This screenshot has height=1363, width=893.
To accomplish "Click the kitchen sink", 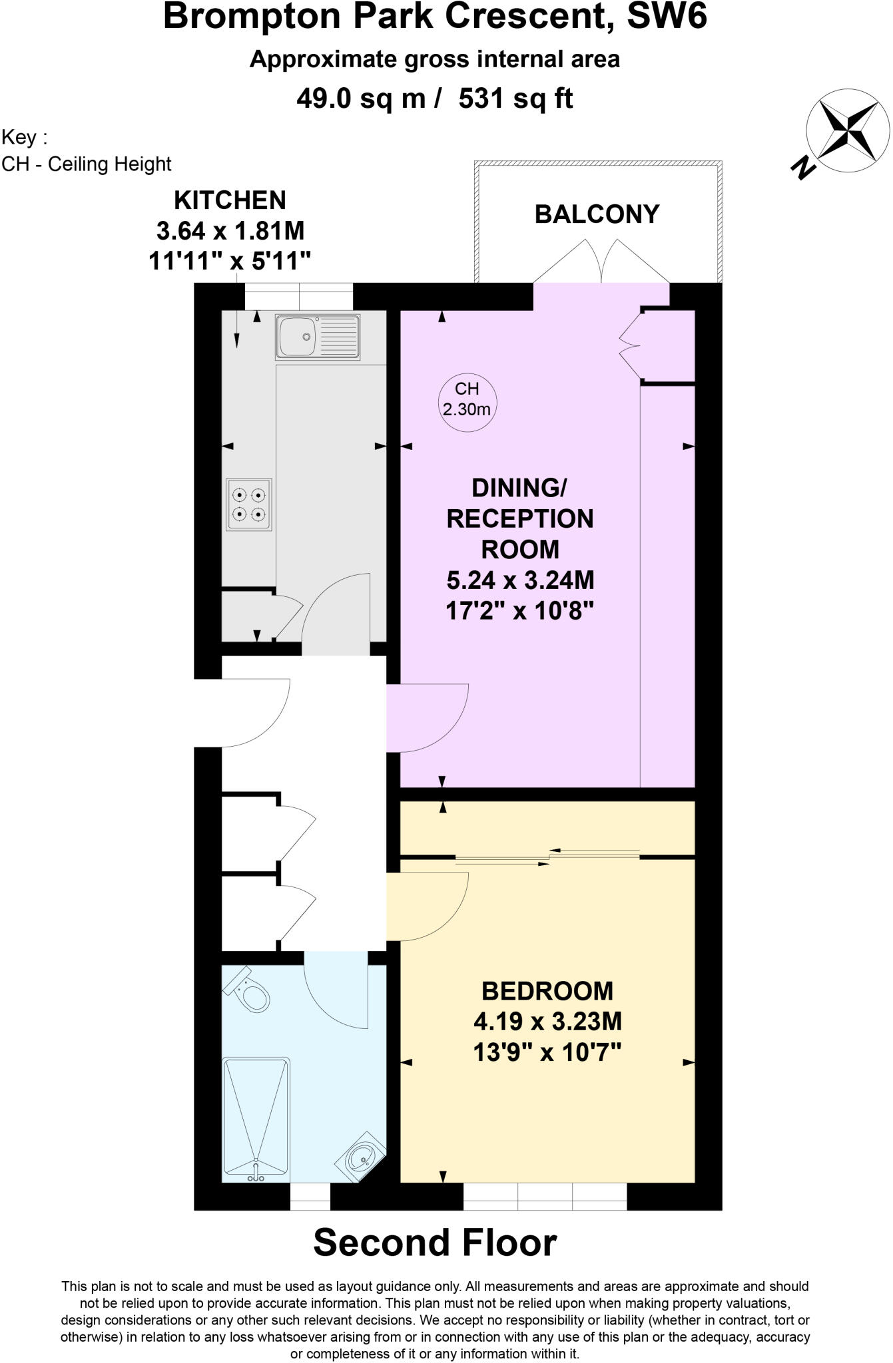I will click(x=318, y=336).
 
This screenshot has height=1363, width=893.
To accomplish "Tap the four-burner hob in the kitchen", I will click(x=249, y=504).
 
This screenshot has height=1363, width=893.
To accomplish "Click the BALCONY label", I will click(x=597, y=214).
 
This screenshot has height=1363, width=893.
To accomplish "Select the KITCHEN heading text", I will click(x=230, y=200).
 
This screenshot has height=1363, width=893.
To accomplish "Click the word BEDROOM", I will click(x=547, y=991).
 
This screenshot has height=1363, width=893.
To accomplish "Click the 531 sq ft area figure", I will click(x=515, y=99).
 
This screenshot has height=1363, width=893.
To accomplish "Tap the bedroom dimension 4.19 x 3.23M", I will click(x=547, y=1021).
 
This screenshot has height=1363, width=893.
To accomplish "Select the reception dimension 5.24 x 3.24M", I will click(x=519, y=580).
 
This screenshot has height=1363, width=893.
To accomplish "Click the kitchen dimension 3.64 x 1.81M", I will click(x=230, y=231).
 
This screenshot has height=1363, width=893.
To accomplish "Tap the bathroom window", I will click(x=310, y=1196).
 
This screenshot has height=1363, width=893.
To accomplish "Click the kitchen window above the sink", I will click(x=298, y=295).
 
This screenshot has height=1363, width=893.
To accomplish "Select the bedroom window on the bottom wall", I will click(x=545, y=1196).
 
